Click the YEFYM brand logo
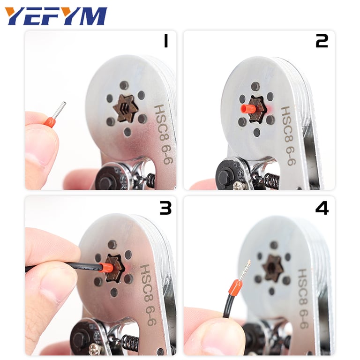click(x=56, y=16)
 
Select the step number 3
click(x=165, y=207)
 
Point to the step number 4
click(x=322, y=207)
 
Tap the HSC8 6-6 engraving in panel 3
click(x=147, y=295)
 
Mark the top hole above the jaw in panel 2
click(x=255, y=86)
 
